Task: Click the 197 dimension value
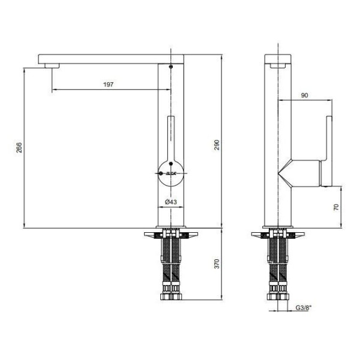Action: click(x=109, y=85)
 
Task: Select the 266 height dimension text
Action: click(x=19, y=148)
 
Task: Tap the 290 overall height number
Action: click(x=217, y=145)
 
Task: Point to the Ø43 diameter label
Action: click(x=171, y=202)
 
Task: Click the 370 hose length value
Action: click(x=217, y=263)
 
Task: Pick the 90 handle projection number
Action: click(x=304, y=95)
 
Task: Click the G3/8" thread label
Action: click(x=304, y=308)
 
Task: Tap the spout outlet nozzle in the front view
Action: click(x=52, y=65)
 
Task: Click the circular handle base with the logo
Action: click(x=171, y=173)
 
